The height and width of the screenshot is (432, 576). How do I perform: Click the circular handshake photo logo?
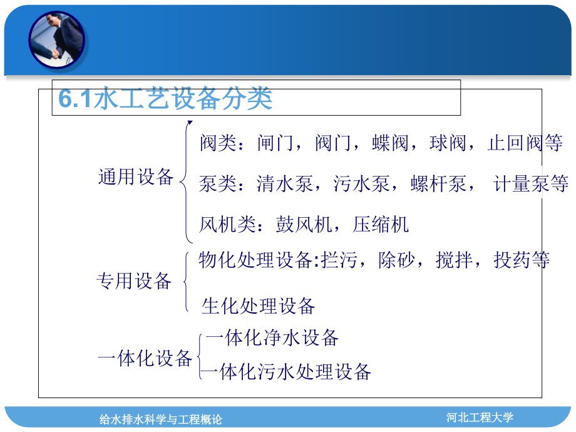click(56, 40)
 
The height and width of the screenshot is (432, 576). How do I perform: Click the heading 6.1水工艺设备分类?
click(165, 99)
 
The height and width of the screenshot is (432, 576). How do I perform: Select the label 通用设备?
click(135, 177)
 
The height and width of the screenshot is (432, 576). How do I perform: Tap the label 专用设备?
click(134, 281)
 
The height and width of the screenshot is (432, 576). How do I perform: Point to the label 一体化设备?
click(145, 359)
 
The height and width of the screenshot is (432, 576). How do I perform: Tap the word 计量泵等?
click(531, 184)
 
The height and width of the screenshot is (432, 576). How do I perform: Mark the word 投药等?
click(522, 260)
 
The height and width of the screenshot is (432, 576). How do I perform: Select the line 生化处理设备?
click(258, 306)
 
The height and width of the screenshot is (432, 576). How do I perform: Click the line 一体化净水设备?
click(272, 338)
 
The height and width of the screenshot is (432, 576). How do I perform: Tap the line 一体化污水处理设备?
click(287, 372)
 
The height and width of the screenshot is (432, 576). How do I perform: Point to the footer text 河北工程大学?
click(480, 417)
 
